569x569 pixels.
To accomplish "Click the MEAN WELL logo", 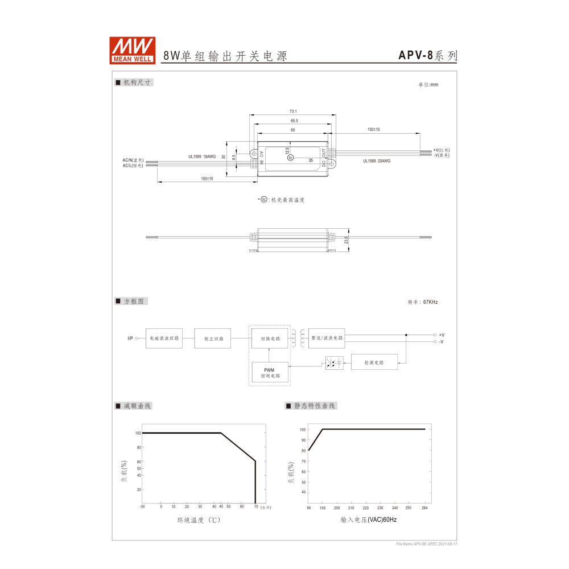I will click(x=133, y=50).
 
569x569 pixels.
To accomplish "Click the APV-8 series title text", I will click(x=427, y=55).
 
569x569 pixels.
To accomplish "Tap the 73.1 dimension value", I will click(x=294, y=112).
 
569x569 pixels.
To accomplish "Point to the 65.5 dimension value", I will click(x=294, y=121).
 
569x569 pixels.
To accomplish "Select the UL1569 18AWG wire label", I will click(x=202, y=156).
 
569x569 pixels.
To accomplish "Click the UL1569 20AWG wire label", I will click(x=377, y=161).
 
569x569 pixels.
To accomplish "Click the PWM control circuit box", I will click(x=270, y=373).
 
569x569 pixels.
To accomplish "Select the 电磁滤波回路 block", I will click(x=164, y=338).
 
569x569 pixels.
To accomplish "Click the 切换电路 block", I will click(x=270, y=338).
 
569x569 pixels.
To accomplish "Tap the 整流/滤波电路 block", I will click(x=327, y=338).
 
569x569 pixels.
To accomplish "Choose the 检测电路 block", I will click(x=374, y=362).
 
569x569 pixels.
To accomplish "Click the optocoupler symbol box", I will click(x=334, y=362).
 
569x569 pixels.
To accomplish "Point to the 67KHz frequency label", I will click(x=423, y=302).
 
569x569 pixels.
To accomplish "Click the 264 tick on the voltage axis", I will click(x=424, y=507).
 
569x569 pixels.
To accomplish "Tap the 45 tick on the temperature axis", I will click(x=221, y=506).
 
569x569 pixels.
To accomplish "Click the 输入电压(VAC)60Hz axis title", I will click(x=368, y=520).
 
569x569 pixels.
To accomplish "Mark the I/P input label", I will click(x=130, y=339).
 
